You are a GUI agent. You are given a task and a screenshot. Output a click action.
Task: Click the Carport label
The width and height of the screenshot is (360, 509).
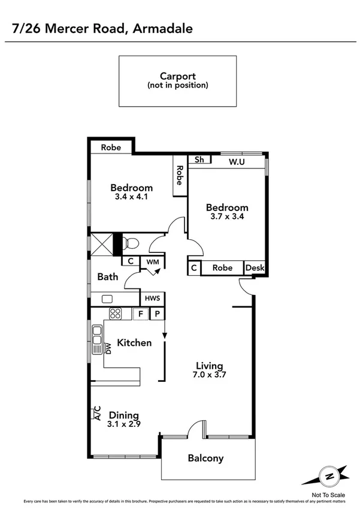178,76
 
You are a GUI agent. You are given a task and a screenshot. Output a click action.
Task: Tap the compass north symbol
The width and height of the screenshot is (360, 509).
328,477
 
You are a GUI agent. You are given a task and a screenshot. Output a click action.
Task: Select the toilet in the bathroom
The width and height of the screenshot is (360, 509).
131,243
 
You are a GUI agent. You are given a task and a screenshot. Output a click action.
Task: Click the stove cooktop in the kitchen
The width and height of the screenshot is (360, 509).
115,313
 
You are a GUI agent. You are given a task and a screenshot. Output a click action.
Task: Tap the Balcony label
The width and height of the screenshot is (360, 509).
205,459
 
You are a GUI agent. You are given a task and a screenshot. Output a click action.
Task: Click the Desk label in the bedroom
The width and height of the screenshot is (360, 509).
255,268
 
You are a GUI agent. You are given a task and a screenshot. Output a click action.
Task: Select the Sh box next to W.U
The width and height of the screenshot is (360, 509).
199,160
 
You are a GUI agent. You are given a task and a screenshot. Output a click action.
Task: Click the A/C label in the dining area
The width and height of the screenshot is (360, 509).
97,413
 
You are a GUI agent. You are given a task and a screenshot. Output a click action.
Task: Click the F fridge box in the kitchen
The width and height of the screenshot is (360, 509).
141,313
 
